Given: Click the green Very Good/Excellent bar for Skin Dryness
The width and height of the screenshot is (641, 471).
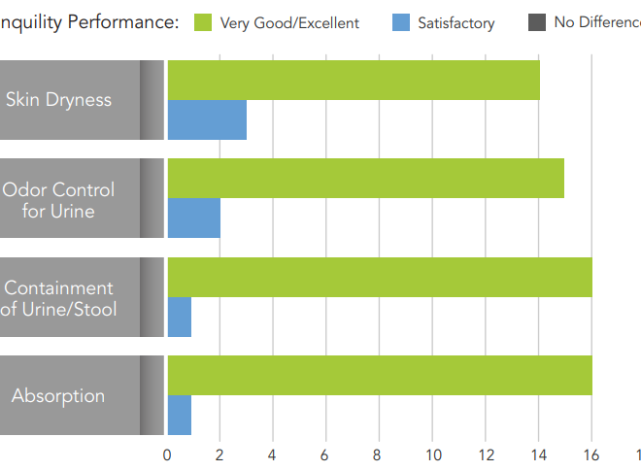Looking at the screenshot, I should coord(354,80).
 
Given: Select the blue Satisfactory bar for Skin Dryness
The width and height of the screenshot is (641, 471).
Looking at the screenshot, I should coord(207,120).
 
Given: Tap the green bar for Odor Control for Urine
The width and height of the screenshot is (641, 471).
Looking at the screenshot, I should coord(365,178).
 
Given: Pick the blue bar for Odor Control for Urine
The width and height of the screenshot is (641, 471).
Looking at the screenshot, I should coord(194,219).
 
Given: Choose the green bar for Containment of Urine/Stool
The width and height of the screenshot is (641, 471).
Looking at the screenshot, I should coord(380,277).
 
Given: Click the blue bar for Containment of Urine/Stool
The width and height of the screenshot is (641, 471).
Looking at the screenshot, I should coord(180,317).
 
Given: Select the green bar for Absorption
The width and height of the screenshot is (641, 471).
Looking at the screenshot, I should coord(380,375).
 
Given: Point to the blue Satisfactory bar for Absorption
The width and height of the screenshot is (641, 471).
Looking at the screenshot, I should coord(180,416).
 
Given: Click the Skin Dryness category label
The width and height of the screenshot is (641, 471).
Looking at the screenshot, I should coord(58,100).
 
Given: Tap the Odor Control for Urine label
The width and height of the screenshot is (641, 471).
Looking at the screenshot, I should coord(58,199).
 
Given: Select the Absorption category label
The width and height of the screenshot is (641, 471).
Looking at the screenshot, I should coord(58,396).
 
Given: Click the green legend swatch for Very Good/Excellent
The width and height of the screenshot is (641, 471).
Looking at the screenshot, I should coord(203,22).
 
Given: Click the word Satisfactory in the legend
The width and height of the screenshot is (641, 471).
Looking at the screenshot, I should coord(455,23).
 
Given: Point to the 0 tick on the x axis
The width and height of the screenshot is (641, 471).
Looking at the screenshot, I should coord(167,454).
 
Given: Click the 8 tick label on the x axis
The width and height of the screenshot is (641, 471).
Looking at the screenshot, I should coord(379,454).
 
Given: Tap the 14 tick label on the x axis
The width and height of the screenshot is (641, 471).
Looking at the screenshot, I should coord(538,454).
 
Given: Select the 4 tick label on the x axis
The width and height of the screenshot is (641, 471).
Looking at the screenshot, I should coord(273,454).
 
